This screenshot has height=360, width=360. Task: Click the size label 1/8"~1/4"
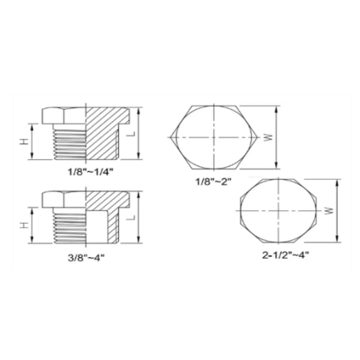tap(90, 172)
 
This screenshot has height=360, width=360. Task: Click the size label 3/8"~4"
tap(86, 258)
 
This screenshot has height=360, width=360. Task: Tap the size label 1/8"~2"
tap(213, 181)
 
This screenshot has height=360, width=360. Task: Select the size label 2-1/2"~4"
tap(285, 255)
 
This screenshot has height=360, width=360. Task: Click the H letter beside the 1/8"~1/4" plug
tap(24, 142)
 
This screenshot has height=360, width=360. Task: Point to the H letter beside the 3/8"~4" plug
tap(24, 225)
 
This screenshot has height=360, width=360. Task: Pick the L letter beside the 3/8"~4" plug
tap(132, 217)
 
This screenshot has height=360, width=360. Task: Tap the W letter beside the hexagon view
tap(269, 138)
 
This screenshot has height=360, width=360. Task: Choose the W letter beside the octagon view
tap(330, 211)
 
